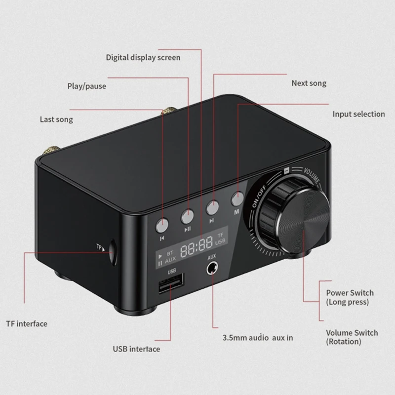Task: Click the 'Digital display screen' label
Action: [143, 57]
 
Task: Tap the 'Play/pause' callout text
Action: [86, 86]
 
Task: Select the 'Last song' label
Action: [56, 119]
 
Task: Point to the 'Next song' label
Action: [309, 83]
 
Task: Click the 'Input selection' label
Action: [358, 114]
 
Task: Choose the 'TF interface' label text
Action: [27, 324]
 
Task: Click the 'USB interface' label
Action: [136, 349]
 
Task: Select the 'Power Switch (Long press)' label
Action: [350, 297]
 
